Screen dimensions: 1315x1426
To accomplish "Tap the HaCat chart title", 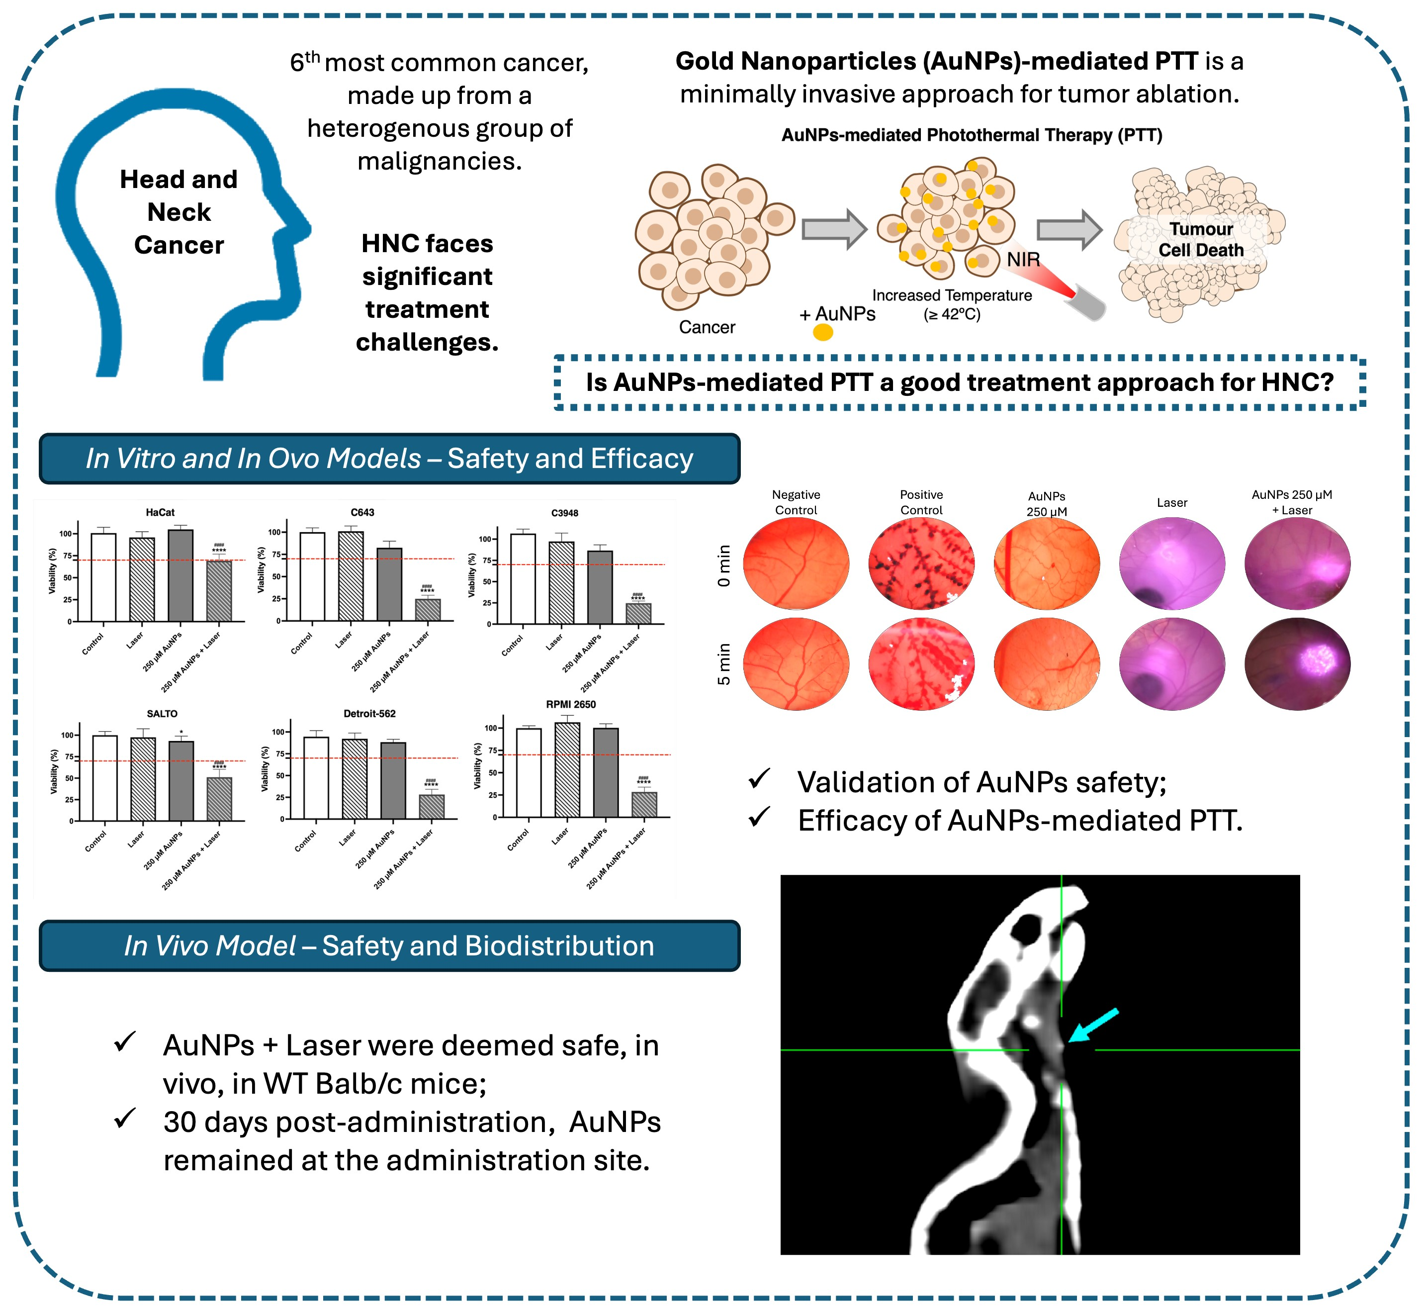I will coord(160,512).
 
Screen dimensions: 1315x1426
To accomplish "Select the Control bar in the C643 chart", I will coord(312,576).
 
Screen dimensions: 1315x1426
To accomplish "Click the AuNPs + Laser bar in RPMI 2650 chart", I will coord(644,804).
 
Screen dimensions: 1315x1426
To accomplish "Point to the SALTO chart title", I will coord(162,714).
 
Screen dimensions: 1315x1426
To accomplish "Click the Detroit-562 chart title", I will coord(369,714).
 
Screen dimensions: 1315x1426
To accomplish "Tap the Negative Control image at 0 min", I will coord(796,564).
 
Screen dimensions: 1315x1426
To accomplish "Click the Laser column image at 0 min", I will coord(1171,564).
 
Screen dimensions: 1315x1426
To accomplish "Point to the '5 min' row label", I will coord(724,664).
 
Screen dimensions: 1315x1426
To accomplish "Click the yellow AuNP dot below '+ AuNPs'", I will coord(823,332).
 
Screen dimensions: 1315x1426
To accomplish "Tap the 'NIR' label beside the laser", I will coord(1023,260).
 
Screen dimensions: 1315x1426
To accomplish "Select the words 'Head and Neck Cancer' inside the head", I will coord(178,212).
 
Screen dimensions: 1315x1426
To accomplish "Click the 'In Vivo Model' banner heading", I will coord(389,945).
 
